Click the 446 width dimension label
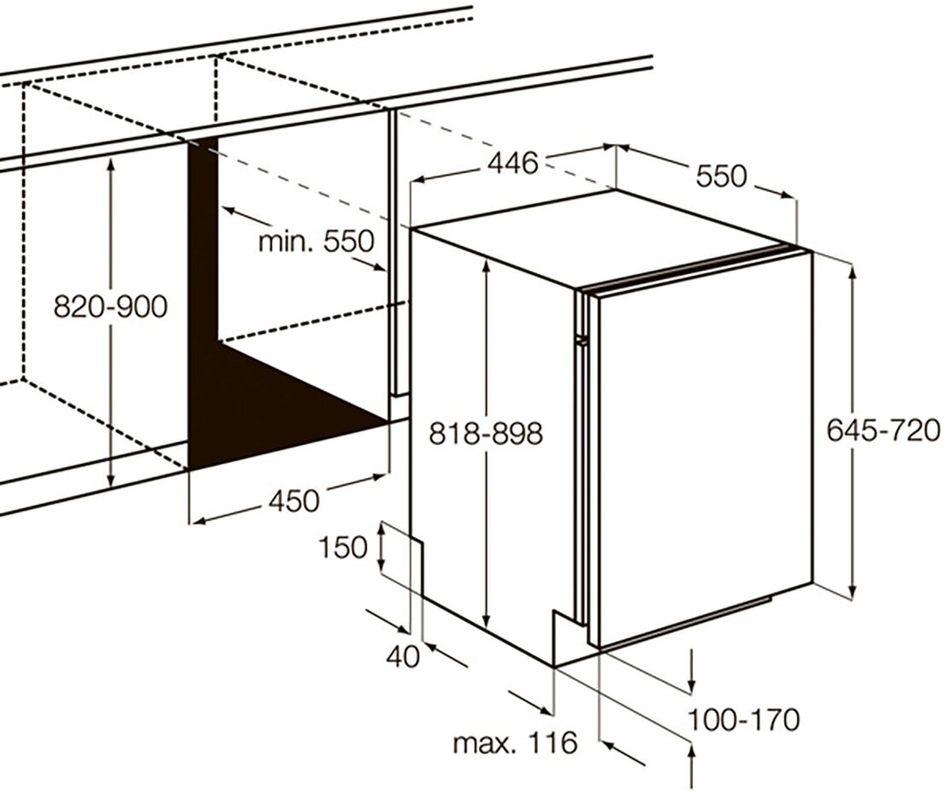(514, 162)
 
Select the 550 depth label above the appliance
(721, 176)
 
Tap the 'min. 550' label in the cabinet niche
(316, 242)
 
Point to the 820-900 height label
(110, 306)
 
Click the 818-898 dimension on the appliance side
(485, 434)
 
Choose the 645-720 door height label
(883, 430)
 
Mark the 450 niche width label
(294, 500)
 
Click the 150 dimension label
(343, 547)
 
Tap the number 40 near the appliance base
(402, 656)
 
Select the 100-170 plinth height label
(744, 720)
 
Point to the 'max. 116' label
(514, 743)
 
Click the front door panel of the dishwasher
(700, 453)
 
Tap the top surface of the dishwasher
(598, 235)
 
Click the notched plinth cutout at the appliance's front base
(565, 632)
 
